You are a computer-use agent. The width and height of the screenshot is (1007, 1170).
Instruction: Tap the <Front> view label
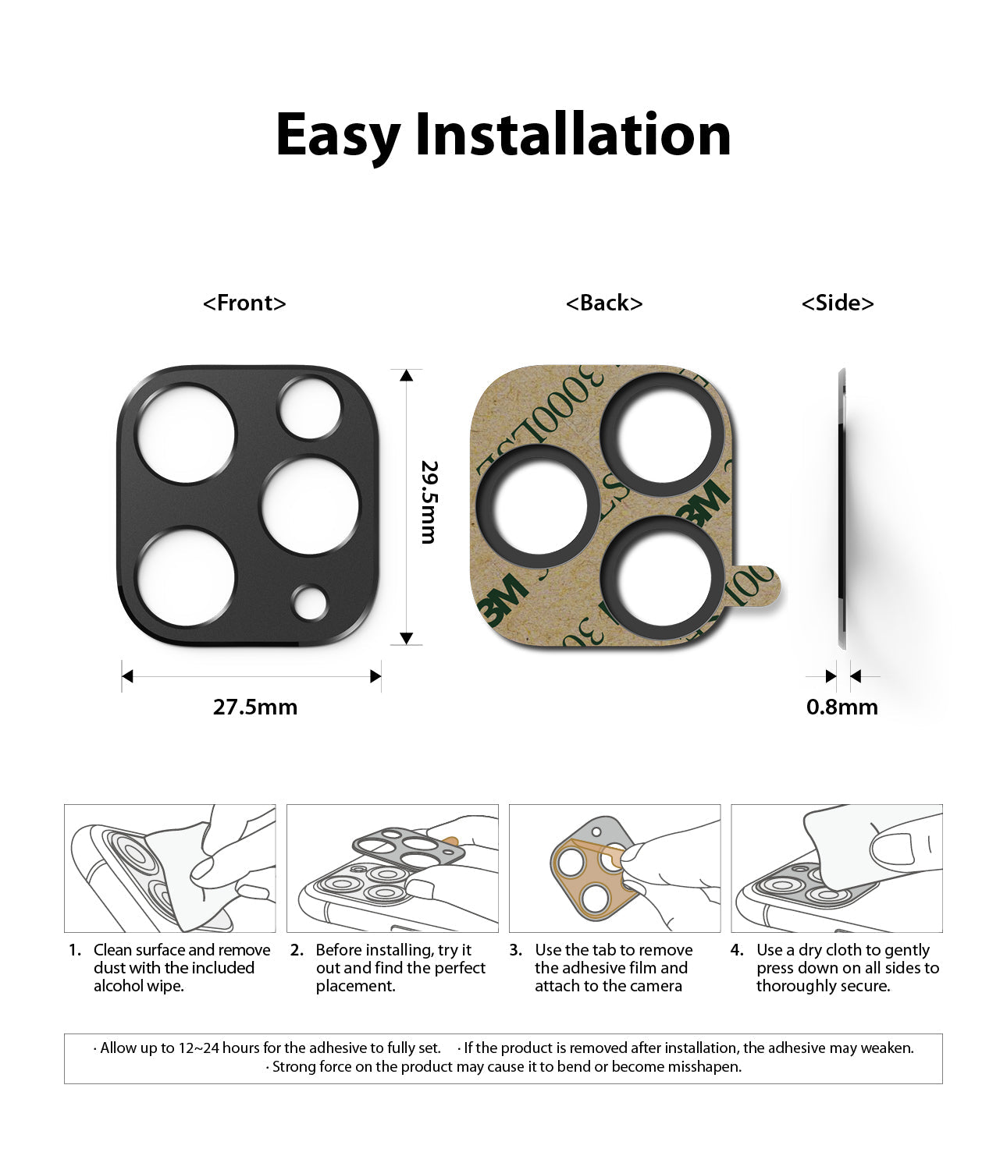(x=244, y=303)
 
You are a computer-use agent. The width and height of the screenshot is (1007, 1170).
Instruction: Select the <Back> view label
(x=604, y=303)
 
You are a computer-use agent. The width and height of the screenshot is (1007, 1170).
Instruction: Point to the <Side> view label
(x=838, y=303)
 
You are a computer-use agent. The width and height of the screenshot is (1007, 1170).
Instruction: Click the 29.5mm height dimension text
(x=429, y=502)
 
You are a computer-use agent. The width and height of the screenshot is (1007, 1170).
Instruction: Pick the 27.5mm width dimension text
(x=255, y=707)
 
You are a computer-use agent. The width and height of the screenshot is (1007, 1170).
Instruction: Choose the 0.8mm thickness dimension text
(x=842, y=707)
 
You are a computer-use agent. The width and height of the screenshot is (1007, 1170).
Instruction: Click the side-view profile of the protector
(x=842, y=507)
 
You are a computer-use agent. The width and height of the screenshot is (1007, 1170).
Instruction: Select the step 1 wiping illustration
(x=170, y=868)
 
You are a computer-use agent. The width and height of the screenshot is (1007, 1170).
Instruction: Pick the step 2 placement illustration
(x=393, y=868)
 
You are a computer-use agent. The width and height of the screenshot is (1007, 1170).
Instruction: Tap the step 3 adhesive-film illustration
(x=614, y=868)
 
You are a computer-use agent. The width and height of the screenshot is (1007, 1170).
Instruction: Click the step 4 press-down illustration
(x=836, y=868)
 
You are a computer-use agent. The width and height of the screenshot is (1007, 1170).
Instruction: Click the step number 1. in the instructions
(x=75, y=950)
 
